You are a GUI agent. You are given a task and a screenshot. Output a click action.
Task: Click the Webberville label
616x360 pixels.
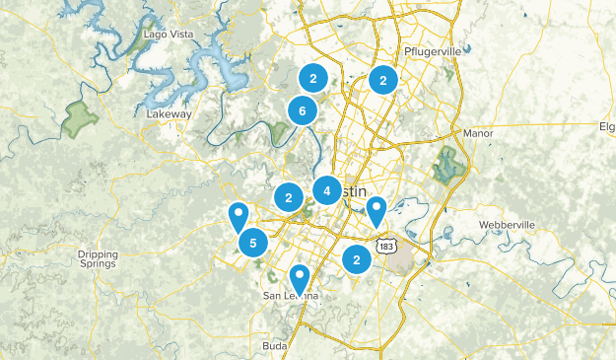pos(506,225)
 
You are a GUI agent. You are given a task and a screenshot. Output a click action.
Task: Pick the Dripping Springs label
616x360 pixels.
pos(98,258)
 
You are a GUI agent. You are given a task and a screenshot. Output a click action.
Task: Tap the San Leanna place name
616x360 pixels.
pos(290,296)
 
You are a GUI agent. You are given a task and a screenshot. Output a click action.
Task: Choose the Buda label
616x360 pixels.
pos(274,346)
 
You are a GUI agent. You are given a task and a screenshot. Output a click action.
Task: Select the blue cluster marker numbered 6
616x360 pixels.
pos(302,111)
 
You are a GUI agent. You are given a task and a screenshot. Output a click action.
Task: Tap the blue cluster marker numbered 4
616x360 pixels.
pos(327,189)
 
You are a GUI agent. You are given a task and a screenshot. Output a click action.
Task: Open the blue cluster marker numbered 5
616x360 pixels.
pos(253,242)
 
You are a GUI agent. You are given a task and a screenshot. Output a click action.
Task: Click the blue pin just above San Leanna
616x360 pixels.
pos(300,278)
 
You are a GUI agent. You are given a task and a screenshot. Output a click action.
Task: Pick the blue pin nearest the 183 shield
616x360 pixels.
pos(376,209)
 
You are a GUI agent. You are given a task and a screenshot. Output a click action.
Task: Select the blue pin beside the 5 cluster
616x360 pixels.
pos(238,215)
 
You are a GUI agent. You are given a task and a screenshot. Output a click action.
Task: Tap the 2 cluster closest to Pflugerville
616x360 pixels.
pos(382,81)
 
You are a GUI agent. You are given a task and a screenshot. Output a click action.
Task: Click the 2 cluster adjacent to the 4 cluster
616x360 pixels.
pos(288,198)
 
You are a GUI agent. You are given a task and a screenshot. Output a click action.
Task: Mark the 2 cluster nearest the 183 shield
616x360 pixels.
pos(356,258)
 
